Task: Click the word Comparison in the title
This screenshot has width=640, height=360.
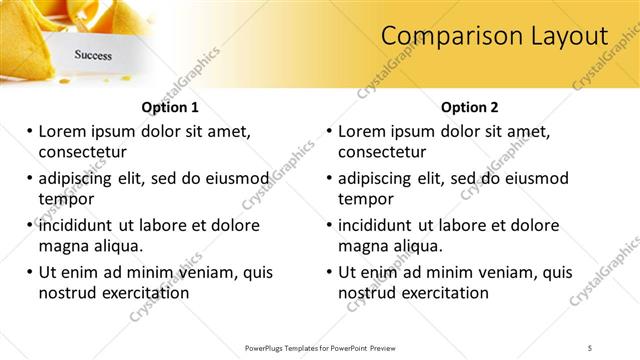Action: click(x=446, y=36)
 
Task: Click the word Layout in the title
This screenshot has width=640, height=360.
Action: click(x=563, y=36)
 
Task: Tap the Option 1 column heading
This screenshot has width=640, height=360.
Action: click(x=170, y=107)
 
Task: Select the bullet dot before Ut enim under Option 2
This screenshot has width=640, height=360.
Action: click(x=329, y=272)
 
